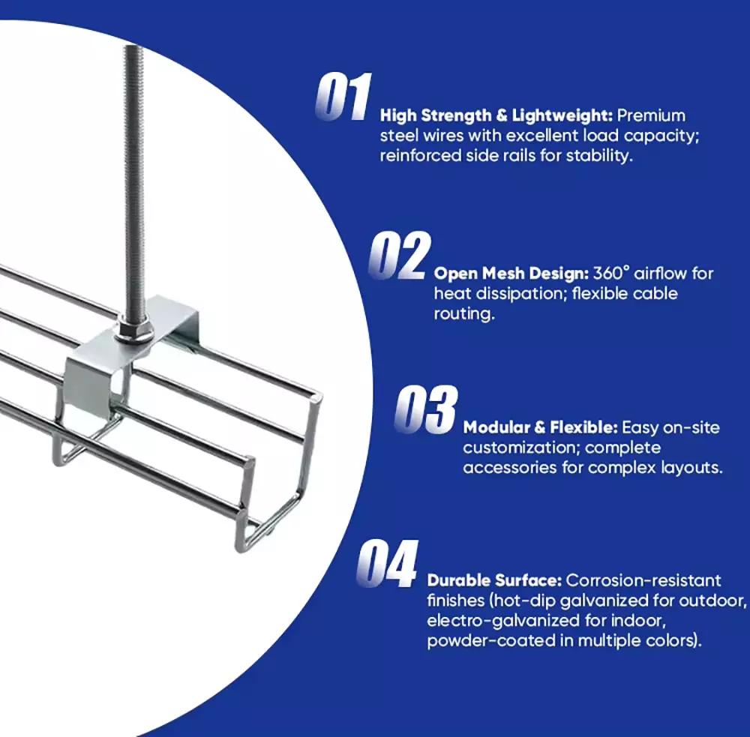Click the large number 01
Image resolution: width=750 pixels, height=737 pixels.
click(x=343, y=97)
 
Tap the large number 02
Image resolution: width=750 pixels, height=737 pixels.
click(x=400, y=255)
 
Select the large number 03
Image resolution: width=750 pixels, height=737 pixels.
click(x=426, y=409)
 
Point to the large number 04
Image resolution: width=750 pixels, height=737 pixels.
click(x=388, y=563)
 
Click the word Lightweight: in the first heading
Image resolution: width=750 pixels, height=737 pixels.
click(x=562, y=115)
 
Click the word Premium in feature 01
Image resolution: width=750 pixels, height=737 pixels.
click(x=651, y=115)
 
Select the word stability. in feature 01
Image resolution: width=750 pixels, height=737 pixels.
click(x=599, y=156)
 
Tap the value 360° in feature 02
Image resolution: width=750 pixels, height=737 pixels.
click(x=611, y=273)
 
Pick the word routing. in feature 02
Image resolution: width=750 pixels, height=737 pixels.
click(x=464, y=314)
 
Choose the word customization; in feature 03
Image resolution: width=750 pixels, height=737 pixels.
click(x=520, y=448)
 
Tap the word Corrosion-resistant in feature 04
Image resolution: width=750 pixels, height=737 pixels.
click(x=643, y=580)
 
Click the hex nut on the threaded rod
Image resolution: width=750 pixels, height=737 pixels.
click(x=134, y=331)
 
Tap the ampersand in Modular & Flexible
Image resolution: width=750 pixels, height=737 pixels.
click(x=539, y=427)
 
